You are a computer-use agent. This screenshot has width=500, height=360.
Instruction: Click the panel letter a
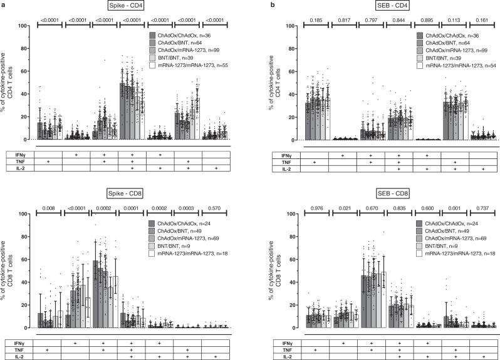coord(3,5)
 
